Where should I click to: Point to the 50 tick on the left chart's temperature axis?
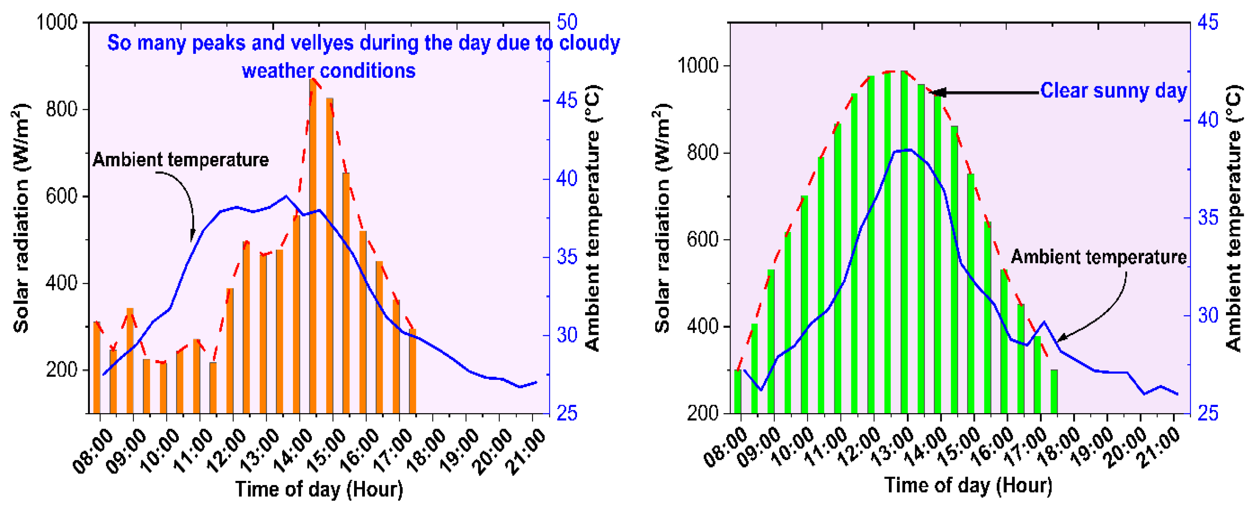pyautogui.click(x=567, y=22)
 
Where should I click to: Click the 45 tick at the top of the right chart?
pyautogui.click(x=1207, y=22)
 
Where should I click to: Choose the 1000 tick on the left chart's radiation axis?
pyautogui.click(x=57, y=22)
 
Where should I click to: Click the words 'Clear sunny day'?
pyautogui.click(x=1113, y=91)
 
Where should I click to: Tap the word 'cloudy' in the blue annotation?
pyautogui.click(x=589, y=43)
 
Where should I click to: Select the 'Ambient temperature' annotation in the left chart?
pyautogui.click(x=181, y=160)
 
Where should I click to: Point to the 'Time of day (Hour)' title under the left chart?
pyautogui.click(x=319, y=489)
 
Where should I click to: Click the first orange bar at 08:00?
pyautogui.click(x=96, y=368)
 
